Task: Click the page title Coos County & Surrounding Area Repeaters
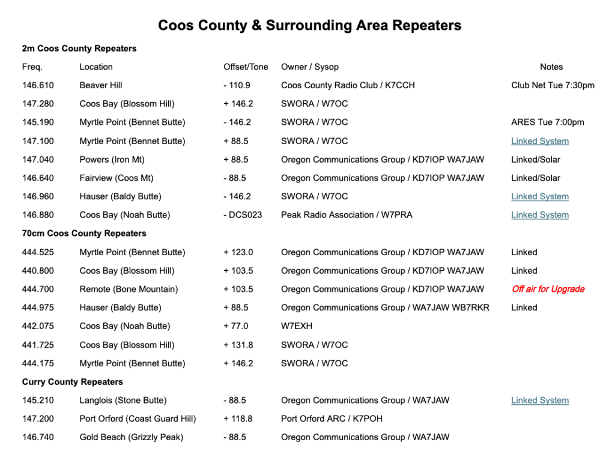click(309, 25)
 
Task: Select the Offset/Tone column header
click(246, 67)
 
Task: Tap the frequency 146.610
click(38, 85)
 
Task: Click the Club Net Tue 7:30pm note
click(553, 85)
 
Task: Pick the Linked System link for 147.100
click(540, 141)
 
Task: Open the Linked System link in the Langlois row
click(540, 401)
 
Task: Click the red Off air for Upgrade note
click(548, 289)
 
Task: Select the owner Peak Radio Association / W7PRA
click(347, 215)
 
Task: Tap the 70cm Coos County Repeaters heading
click(84, 233)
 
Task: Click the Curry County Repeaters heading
click(73, 382)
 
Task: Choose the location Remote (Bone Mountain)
click(129, 289)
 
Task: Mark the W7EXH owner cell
click(297, 326)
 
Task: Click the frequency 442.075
click(38, 326)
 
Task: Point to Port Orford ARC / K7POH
click(332, 419)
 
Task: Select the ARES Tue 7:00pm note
click(547, 122)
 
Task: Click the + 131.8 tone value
click(238, 345)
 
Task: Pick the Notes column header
click(551, 67)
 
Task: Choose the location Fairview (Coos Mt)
click(117, 178)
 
